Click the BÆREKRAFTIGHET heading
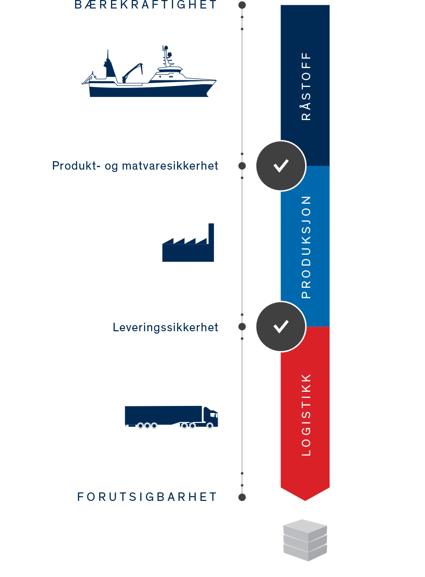click(145, 5)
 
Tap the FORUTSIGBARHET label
click(147, 497)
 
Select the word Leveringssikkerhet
click(166, 327)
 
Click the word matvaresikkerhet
click(170, 165)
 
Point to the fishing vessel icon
click(149, 71)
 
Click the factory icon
click(188, 242)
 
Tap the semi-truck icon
click(171, 417)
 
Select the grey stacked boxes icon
click(305, 540)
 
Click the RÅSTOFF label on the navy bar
click(306, 86)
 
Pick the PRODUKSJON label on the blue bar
click(306, 247)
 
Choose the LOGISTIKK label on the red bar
click(306, 415)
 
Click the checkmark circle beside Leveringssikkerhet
click(281, 327)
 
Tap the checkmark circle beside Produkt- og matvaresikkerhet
click(281, 165)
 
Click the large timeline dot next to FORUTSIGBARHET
click(242, 497)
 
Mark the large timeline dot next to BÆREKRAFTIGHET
click(242, 5)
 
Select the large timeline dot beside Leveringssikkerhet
click(242, 327)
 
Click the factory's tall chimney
click(211, 233)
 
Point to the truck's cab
click(211, 417)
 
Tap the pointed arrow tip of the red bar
click(305, 500)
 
